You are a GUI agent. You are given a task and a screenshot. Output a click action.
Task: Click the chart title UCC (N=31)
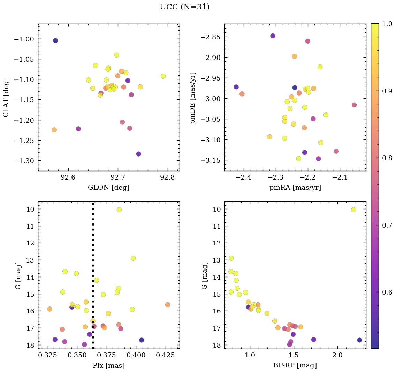pos(184,7)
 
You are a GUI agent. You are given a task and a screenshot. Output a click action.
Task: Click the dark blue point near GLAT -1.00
pos(55,40)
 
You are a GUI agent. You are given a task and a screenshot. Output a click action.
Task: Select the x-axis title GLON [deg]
pos(108,188)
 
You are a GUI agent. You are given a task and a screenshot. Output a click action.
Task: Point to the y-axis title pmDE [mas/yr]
pos(193,98)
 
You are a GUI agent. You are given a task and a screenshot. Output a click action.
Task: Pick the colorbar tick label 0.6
pos(386,292)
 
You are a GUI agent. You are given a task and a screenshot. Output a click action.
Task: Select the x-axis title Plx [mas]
pos(108,365)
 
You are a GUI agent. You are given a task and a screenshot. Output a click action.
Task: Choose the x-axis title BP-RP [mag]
pos(295,365)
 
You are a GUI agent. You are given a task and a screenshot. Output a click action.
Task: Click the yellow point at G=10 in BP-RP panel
pos(353,210)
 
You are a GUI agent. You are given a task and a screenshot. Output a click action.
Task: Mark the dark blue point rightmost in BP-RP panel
pos(359,340)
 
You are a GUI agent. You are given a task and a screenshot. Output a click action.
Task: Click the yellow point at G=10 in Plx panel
pos(119,210)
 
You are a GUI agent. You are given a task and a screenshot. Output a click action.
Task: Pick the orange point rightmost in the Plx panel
pos(168,305)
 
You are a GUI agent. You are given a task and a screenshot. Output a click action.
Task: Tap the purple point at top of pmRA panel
pos(273,36)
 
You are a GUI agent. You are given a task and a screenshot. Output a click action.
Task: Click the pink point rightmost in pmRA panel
pos(354,105)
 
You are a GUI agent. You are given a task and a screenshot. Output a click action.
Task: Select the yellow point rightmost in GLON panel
pos(163,76)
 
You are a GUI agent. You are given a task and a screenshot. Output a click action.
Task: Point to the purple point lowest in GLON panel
pos(138,154)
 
